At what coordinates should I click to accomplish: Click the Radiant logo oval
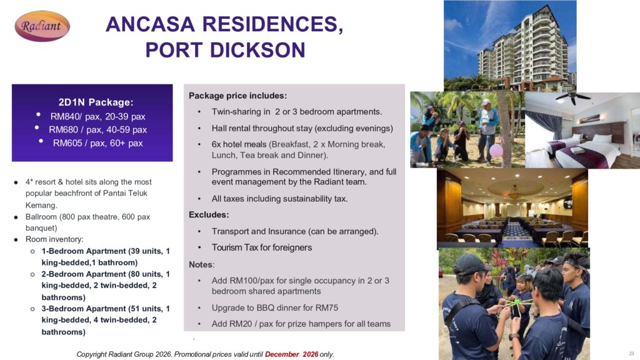(42, 26)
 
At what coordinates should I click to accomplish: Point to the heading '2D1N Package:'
(96, 102)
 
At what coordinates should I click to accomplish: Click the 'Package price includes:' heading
(237, 96)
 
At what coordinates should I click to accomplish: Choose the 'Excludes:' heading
(209, 215)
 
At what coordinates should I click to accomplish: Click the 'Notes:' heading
(202, 264)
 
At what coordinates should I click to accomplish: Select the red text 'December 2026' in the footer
(291, 354)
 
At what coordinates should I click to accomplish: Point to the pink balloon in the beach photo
(496, 151)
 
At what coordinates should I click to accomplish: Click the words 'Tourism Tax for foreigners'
(262, 247)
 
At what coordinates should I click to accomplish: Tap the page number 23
(631, 354)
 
